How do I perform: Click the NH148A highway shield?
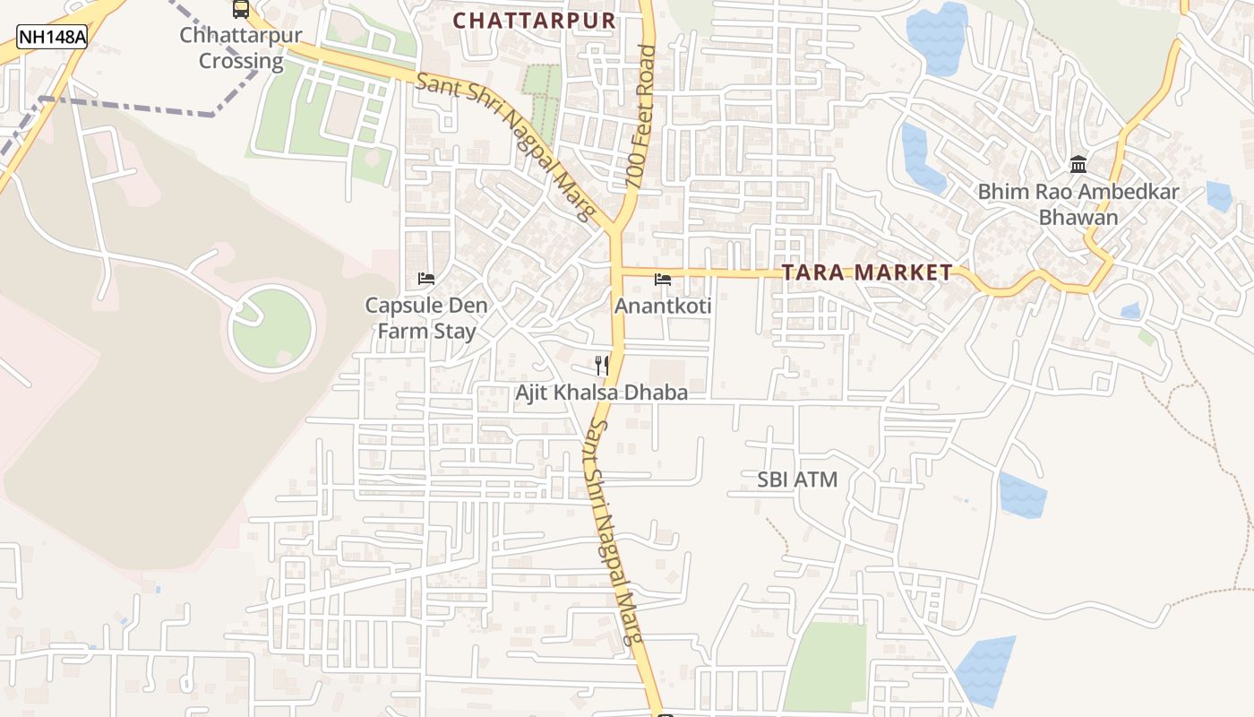point(52,37)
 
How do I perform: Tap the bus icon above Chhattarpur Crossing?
point(240,10)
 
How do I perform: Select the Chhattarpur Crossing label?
point(241,48)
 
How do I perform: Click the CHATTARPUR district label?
point(534,21)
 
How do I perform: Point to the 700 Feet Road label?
point(642,117)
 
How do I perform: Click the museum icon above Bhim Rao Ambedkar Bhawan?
point(1078,165)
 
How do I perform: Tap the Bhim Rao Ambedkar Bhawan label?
point(1078,204)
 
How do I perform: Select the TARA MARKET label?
point(867,272)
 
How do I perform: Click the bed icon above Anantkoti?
point(663,280)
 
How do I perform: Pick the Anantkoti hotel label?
point(663,307)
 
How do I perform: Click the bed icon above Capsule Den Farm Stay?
point(426,279)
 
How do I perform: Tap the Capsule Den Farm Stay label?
point(426,318)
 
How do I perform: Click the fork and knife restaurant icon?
point(602,365)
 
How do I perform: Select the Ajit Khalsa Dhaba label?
point(601,393)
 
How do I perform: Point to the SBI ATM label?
point(797,479)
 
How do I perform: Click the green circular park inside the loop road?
point(273,328)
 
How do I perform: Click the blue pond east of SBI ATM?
point(1022,495)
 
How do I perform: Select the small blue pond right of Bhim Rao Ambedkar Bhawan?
point(1218,196)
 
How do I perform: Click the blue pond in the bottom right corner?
point(986,670)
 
